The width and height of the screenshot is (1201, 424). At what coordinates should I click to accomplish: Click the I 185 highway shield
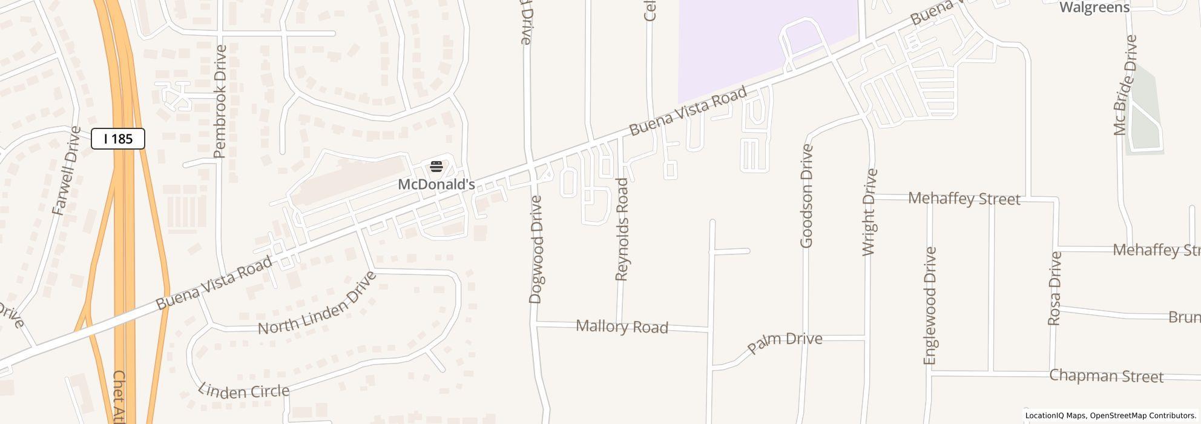pos(118,139)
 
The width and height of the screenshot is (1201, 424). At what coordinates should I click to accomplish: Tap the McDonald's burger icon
pos(436,166)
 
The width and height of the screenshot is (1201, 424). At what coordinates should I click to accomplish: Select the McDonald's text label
pos(436,184)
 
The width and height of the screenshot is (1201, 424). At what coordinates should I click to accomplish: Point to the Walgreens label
pos(1094,7)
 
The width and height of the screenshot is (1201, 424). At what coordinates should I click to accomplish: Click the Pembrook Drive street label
pos(220,101)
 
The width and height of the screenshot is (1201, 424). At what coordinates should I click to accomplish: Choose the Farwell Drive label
pos(67,171)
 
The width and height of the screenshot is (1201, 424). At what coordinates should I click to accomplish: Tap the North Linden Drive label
pos(317,303)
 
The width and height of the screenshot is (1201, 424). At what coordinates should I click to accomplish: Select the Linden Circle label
pos(243,391)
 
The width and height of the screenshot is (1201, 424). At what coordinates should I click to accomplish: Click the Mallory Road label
pos(622,326)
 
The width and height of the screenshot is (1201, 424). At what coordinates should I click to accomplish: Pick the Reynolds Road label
pos(622,230)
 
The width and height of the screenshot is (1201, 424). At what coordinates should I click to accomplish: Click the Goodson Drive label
pos(806,196)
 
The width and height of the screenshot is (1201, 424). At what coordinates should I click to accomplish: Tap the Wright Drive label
pos(869,212)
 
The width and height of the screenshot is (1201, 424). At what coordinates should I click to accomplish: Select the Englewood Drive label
pos(930,306)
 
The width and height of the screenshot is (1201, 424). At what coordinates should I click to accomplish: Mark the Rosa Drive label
pos(1055,288)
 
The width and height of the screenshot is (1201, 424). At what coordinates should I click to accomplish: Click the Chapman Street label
pos(1106,376)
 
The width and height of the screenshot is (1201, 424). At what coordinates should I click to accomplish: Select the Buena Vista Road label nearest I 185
pos(214,283)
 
